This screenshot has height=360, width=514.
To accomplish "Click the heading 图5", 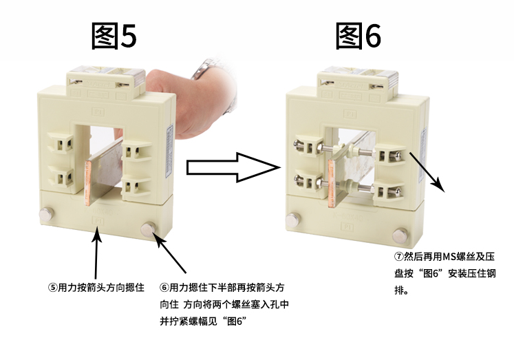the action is click(x=114, y=36).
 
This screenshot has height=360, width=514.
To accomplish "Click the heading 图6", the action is click(x=358, y=36).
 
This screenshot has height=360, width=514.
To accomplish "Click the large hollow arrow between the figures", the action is click(x=233, y=167).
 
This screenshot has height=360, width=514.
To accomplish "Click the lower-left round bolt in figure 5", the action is click(x=45, y=215).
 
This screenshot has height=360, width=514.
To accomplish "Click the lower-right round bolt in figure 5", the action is click(x=148, y=229).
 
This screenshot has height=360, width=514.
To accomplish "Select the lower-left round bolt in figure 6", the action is click(x=292, y=220).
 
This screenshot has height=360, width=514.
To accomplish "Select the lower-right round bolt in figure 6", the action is click(x=400, y=235).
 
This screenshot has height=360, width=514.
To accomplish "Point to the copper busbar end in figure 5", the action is click(x=88, y=183).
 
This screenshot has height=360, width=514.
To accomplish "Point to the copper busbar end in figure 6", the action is click(x=332, y=183).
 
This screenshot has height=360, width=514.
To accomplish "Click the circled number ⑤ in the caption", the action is click(x=53, y=288).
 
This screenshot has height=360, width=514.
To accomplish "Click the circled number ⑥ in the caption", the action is click(x=164, y=288).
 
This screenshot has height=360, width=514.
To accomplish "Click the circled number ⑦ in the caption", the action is click(x=398, y=256).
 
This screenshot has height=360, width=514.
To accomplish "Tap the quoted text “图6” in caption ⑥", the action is click(x=236, y=321).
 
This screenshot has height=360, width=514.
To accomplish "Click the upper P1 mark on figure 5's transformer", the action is click(x=98, y=112).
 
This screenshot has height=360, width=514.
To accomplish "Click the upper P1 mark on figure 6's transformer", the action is click(x=350, y=114).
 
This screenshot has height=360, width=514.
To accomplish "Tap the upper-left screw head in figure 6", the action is click(x=297, y=144).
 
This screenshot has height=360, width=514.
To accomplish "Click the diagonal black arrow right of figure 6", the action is click(x=427, y=172).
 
